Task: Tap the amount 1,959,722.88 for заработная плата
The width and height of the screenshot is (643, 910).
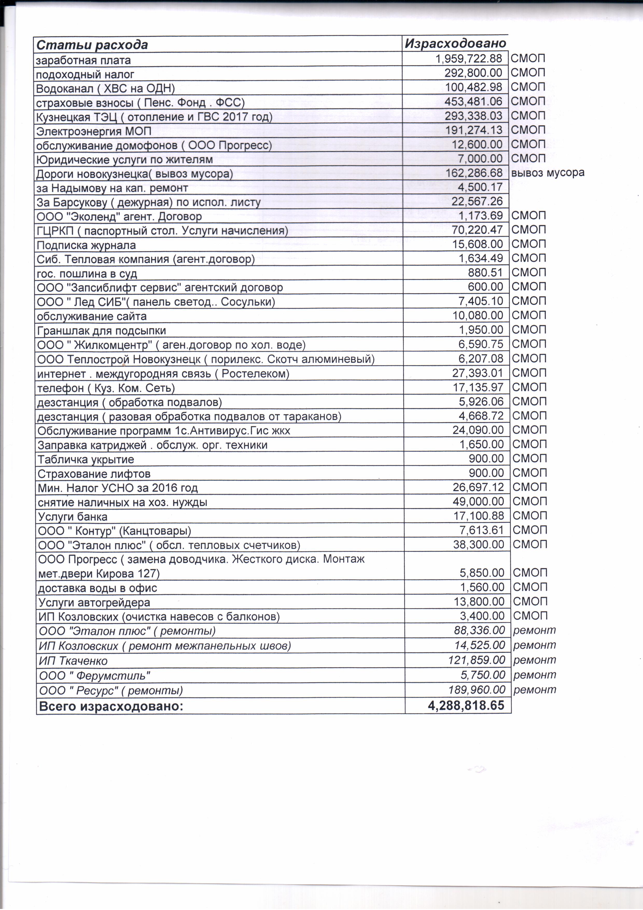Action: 469,59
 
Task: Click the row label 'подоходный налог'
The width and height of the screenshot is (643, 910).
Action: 85,74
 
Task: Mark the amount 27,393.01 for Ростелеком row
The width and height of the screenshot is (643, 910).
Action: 478,373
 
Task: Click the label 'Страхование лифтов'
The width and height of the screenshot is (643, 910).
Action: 94,474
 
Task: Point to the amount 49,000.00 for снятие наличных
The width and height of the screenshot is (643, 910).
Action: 478,501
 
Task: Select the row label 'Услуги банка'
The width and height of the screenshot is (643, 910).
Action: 73,517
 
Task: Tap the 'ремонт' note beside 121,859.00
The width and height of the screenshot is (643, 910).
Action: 534,660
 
